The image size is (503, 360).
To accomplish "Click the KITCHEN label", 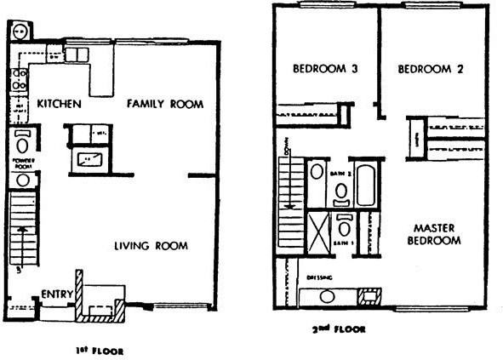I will tap(59, 104).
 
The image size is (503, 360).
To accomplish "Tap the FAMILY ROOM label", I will tap(165, 104).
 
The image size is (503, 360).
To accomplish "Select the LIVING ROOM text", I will tap(151, 246).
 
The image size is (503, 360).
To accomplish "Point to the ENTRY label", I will tap(54, 294).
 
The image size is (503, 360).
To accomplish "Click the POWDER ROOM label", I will tap(22, 163).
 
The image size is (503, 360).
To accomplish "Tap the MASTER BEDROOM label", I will tap(437, 234).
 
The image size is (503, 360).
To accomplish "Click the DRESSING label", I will tap(320, 277).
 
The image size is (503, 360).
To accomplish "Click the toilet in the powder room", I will tap(22, 140).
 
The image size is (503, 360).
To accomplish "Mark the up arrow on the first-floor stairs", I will tap(21, 231).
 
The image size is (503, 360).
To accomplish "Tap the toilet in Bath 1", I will tap(345, 227).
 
